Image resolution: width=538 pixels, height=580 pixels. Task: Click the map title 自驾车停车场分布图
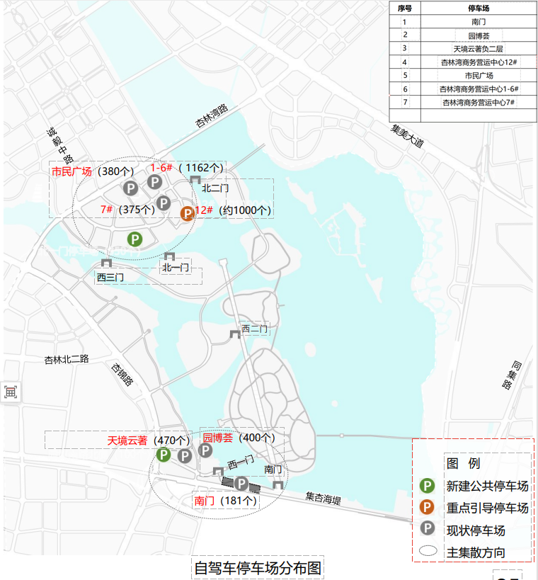click(x=258, y=568)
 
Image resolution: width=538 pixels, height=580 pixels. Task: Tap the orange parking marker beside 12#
click(x=188, y=213)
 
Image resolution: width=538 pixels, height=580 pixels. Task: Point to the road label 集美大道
click(x=407, y=135)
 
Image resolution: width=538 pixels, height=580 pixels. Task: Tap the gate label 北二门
click(x=215, y=188)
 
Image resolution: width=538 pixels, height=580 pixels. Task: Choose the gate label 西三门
click(x=110, y=278)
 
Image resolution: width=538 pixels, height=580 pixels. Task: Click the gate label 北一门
click(x=175, y=268)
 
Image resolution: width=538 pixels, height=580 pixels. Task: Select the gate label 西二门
click(x=254, y=329)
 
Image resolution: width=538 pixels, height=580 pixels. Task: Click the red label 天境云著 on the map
click(x=127, y=440)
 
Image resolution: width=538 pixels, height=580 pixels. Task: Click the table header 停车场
click(x=479, y=8)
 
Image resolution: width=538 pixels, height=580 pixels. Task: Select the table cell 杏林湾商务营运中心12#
click(x=479, y=62)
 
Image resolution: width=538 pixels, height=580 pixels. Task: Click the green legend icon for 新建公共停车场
click(x=427, y=486)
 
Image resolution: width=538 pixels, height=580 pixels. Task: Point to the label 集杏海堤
click(x=324, y=500)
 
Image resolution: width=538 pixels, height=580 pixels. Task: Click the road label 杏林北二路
click(x=67, y=359)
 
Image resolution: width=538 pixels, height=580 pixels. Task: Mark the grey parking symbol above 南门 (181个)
click(x=241, y=484)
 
